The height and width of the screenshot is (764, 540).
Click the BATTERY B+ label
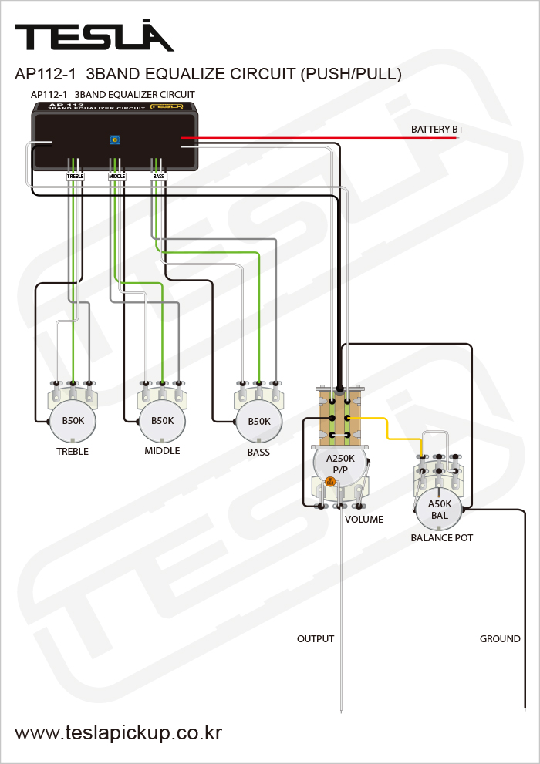(x=437, y=130)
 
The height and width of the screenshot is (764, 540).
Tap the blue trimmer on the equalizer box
(x=115, y=140)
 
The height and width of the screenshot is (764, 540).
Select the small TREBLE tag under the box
(x=75, y=177)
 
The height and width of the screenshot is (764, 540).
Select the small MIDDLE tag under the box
(x=116, y=177)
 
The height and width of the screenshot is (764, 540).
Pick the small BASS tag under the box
(x=158, y=177)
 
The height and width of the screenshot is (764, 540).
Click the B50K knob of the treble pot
(x=73, y=421)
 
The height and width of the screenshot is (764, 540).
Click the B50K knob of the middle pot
(x=162, y=421)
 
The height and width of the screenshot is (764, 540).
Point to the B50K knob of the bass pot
(x=259, y=422)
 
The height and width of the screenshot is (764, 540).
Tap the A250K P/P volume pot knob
(x=340, y=463)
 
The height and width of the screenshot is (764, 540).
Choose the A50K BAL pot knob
(x=439, y=510)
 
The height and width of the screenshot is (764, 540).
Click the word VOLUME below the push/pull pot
(x=364, y=520)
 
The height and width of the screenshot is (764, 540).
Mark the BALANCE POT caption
(x=442, y=537)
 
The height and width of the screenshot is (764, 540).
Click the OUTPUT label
(x=316, y=639)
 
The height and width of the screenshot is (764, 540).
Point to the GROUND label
(x=500, y=639)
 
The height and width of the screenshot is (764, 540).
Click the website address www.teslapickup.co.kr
(x=119, y=733)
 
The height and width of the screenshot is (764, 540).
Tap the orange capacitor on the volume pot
(x=330, y=482)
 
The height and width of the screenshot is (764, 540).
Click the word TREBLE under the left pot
(x=73, y=452)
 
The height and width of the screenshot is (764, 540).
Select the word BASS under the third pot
(x=258, y=453)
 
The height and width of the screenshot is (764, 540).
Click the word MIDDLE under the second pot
(x=162, y=451)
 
